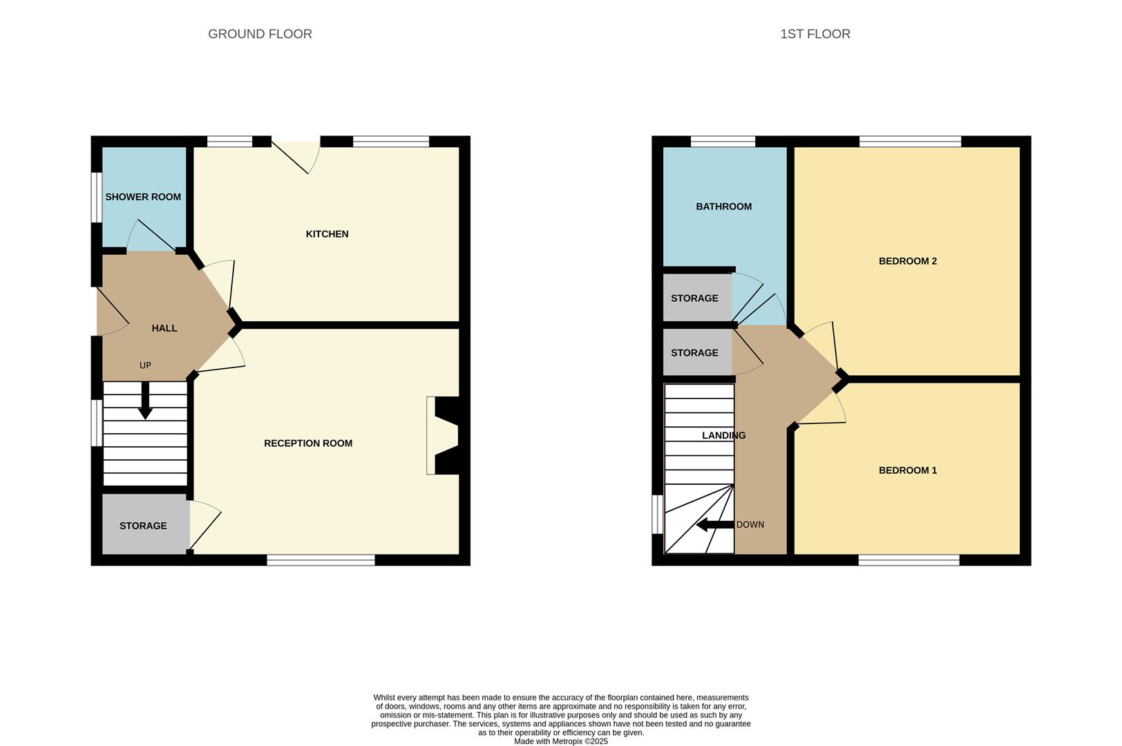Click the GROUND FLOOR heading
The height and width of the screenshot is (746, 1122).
pyautogui.click(x=260, y=34)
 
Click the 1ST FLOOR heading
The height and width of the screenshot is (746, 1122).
pyautogui.click(x=815, y=34)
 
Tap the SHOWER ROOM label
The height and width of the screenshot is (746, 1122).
pyautogui.click(x=143, y=197)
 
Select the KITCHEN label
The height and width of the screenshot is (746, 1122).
pyautogui.click(x=327, y=234)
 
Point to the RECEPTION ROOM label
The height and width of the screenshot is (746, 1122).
pyautogui.click(x=308, y=443)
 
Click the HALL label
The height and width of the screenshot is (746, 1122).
pyautogui.click(x=164, y=328)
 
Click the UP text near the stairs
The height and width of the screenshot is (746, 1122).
pyautogui.click(x=145, y=365)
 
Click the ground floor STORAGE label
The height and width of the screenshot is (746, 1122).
pyautogui.click(x=143, y=526)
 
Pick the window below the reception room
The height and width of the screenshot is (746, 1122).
pyautogui.click(x=321, y=560)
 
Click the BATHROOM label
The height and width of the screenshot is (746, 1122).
pyautogui.click(x=723, y=207)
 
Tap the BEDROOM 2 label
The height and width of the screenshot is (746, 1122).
pyautogui.click(x=907, y=261)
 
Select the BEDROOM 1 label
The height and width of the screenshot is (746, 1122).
pyautogui.click(x=907, y=470)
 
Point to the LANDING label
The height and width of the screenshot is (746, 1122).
pyautogui.click(x=723, y=435)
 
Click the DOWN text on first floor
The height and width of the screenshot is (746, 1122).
pyautogui.click(x=750, y=525)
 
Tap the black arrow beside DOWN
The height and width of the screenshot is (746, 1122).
pyautogui.click(x=714, y=525)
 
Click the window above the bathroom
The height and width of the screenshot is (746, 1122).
pyautogui.click(x=723, y=142)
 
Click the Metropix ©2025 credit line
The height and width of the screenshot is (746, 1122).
pyautogui.click(x=560, y=741)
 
